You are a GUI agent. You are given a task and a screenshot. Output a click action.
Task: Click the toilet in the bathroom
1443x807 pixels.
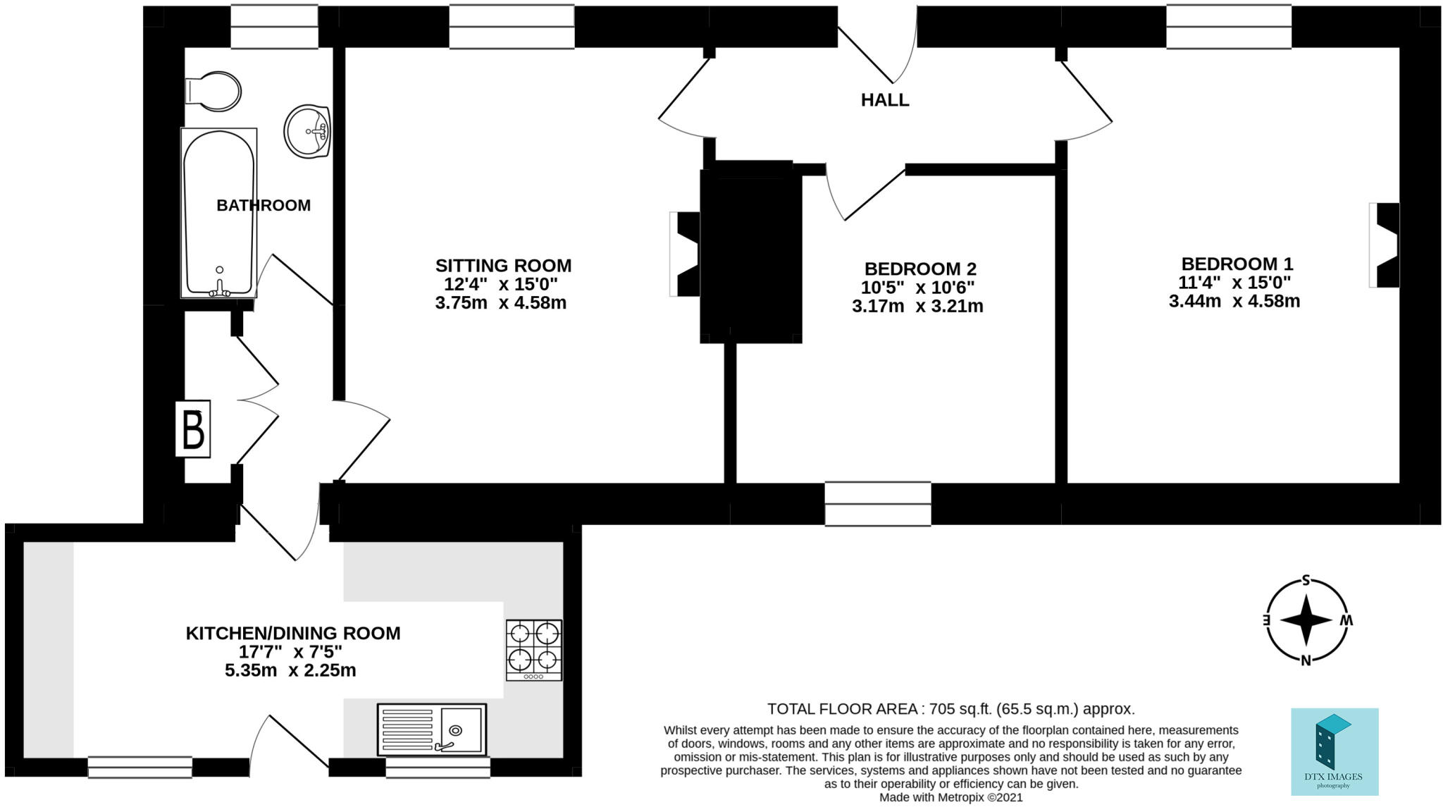(x=213, y=92)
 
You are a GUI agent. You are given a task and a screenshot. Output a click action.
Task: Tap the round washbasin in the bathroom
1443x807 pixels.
(x=308, y=131)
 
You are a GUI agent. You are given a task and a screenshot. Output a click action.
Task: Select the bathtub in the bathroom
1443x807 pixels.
(x=218, y=212)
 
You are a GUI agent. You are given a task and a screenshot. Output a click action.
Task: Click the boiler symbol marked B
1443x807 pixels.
(x=193, y=429)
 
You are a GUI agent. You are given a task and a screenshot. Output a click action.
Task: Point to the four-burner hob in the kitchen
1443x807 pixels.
(x=534, y=650)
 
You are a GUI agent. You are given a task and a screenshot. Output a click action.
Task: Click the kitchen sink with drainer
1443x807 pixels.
(x=432, y=729)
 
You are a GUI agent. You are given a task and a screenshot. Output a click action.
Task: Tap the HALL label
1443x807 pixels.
(x=885, y=100)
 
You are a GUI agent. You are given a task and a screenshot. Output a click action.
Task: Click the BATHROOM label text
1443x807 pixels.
(x=264, y=205)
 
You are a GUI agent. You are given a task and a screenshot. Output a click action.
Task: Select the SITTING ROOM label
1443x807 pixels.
(x=503, y=266)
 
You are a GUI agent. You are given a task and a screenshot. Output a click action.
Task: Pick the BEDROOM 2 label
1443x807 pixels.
(x=920, y=269)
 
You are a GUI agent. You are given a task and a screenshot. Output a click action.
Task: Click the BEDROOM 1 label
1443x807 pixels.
(x=1237, y=264)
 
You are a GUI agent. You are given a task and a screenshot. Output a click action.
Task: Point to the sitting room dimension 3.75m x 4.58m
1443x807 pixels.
(x=501, y=303)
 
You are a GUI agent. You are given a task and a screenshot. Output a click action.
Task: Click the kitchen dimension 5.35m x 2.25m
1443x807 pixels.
(x=290, y=670)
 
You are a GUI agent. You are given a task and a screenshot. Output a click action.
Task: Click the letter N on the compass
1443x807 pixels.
(x=1306, y=660)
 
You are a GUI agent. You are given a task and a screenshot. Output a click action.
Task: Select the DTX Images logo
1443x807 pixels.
(x=1334, y=751)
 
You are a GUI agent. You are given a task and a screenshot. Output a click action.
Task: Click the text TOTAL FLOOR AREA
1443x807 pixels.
(x=842, y=708)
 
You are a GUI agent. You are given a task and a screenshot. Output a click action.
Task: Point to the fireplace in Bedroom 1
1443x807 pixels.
(x=1384, y=245)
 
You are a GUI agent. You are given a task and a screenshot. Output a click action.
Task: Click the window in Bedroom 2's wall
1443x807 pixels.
(x=878, y=504)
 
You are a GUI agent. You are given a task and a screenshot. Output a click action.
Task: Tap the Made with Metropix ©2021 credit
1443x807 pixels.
(x=951, y=798)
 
